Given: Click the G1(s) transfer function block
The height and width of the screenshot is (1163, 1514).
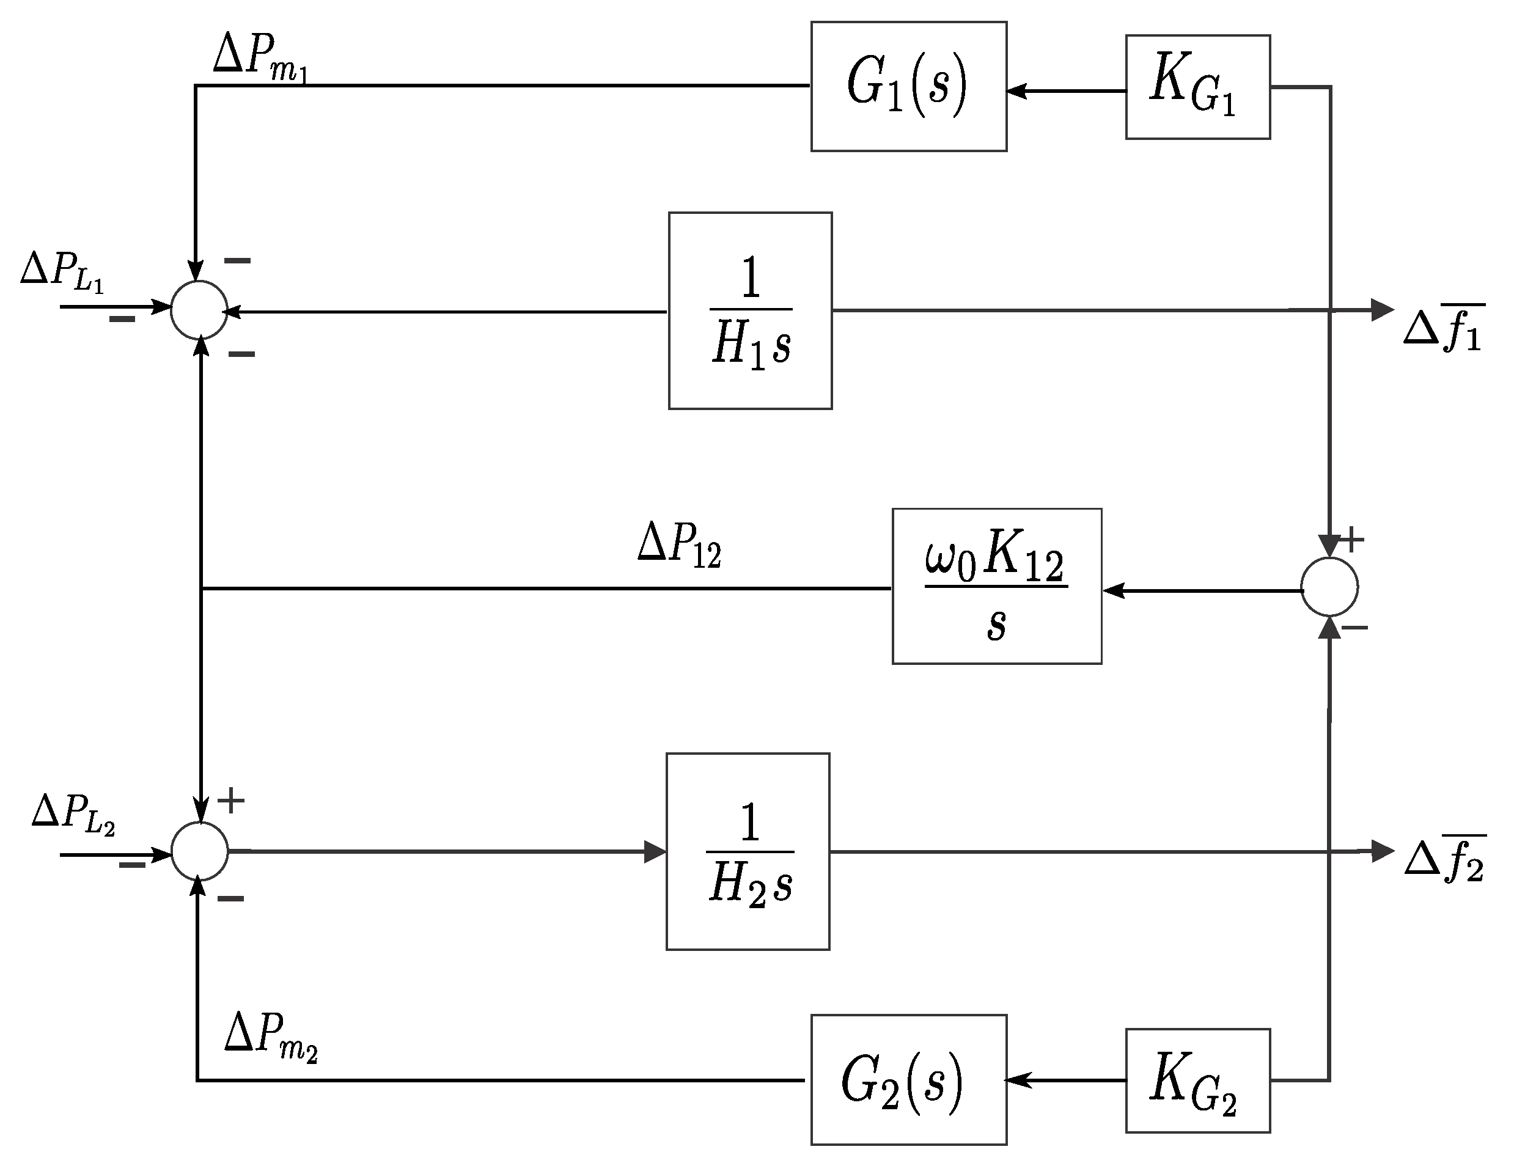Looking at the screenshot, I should [x=908, y=87].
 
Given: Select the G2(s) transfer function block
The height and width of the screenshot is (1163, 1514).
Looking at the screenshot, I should [x=908, y=1080].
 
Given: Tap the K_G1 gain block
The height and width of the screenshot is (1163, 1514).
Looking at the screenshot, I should [x=1197, y=87].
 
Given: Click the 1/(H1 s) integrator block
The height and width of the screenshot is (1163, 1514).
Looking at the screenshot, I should [x=750, y=311].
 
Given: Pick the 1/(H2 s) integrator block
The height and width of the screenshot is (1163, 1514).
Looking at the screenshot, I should [x=748, y=851].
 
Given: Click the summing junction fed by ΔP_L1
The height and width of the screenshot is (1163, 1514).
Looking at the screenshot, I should [x=199, y=309].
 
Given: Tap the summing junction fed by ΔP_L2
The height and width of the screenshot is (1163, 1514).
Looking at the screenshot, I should [x=199, y=851].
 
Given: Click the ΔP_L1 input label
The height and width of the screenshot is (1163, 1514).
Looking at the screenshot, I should [x=62, y=271].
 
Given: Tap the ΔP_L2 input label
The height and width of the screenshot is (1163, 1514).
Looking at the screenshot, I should [x=73, y=813].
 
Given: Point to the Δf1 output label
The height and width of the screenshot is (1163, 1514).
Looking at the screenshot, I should [x=1443, y=328].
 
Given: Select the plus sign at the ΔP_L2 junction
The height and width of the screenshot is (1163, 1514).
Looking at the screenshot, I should [x=231, y=801].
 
